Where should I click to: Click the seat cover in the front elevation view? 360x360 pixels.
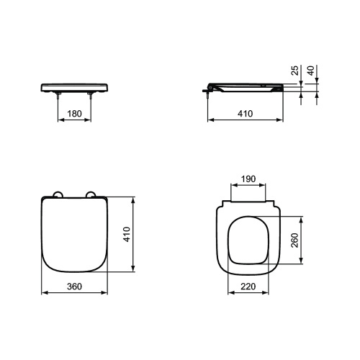(74, 86)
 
